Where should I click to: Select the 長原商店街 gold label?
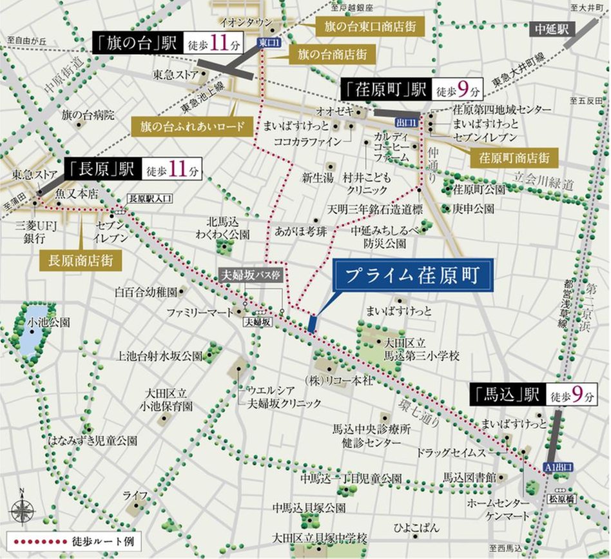80,260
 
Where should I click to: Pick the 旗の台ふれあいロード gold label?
191,126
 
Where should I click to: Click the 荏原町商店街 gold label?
514,157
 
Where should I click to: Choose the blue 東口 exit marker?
265,42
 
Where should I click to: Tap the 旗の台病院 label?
88,115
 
